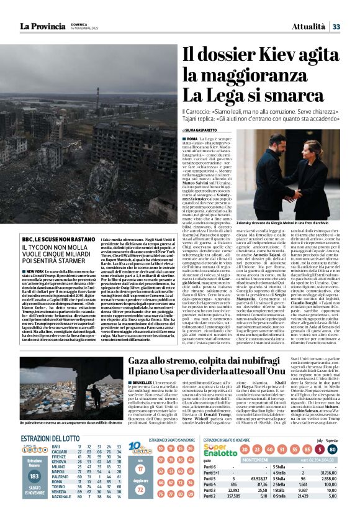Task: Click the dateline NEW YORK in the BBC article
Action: click(x=34, y=272)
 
